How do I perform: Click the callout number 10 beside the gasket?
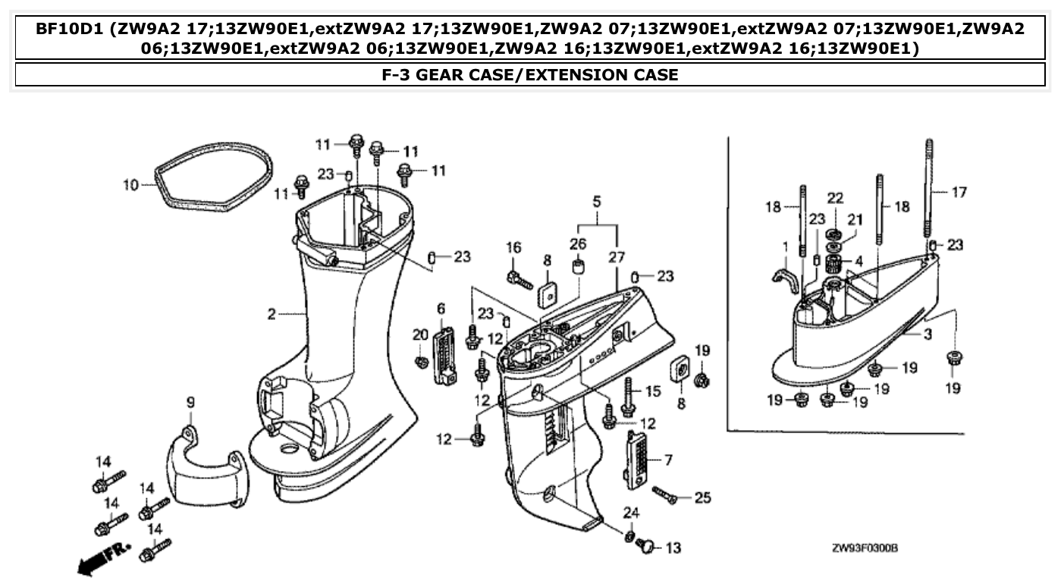pyautogui.click(x=130, y=184)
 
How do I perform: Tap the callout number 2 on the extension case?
pyautogui.click(x=272, y=314)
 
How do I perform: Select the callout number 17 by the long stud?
pyautogui.click(x=959, y=193)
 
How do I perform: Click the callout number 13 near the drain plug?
pyautogui.click(x=673, y=548)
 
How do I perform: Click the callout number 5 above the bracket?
pyautogui.click(x=597, y=202)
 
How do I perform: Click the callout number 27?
pyautogui.click(x=617, y=258)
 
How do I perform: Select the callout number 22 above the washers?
pyautogui.click(x=835, y=198)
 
